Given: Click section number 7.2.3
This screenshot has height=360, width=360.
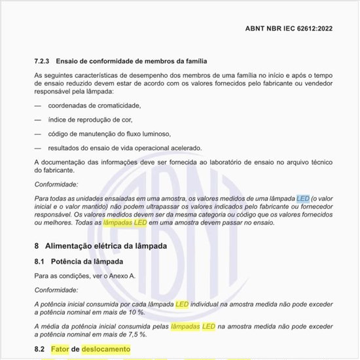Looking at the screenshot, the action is tap(44, 61).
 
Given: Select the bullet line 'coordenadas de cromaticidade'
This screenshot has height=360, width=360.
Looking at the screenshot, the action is tap(95, 105).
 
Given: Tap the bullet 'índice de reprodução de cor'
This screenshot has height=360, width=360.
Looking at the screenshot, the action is tap(90, 119).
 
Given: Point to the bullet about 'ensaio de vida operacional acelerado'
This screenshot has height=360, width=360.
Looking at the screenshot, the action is tap(124, 147).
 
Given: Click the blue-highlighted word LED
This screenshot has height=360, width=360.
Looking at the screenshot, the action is tap(302, 198).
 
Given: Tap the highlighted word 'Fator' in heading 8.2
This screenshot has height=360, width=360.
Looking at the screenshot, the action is tap(59, 350).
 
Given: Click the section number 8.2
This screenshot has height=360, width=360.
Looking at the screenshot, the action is tap(39, 350).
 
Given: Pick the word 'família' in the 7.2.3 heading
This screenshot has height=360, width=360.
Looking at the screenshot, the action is tap(183, 61).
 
